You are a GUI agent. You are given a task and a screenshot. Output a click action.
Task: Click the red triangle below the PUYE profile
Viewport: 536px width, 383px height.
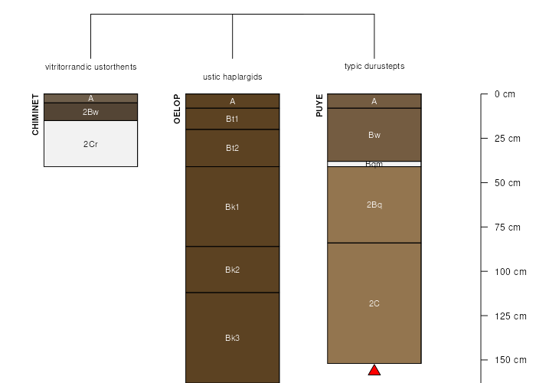[374, 370]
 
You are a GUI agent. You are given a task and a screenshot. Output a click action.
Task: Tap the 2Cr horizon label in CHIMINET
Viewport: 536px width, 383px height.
[90, 144]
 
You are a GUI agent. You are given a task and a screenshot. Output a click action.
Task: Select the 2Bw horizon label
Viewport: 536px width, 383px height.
[90, 112]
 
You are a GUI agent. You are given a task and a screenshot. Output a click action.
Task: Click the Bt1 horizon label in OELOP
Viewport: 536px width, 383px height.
[233, 119]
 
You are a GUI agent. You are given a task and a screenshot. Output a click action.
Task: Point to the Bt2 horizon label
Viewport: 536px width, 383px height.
[233, 148]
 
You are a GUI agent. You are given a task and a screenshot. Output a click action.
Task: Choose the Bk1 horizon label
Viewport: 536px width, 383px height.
[233, 207]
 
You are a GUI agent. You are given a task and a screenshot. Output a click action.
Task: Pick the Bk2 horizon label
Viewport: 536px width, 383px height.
[233, 270]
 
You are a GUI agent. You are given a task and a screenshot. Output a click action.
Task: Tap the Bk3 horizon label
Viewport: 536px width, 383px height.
[233, 338]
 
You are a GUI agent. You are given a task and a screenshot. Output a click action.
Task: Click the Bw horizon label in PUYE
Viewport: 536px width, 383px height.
[374, 135]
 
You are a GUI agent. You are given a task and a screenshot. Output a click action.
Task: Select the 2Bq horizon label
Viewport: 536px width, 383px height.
[374, 205]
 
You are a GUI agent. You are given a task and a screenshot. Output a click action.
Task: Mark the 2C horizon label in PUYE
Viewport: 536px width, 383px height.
[374, 303]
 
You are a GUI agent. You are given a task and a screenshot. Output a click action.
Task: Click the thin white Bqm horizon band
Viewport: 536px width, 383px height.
[374, 164]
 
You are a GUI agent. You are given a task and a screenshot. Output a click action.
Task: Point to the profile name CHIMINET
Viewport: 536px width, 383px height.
[35, 115]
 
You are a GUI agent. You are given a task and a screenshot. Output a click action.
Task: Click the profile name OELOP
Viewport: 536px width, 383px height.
[177, 109]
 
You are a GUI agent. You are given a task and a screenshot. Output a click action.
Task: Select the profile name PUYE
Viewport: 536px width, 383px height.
[319, 106]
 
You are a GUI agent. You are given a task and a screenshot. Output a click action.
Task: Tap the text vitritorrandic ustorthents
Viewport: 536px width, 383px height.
[91, 67]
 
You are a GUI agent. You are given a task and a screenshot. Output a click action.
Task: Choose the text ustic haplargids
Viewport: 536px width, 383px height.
[233, 77]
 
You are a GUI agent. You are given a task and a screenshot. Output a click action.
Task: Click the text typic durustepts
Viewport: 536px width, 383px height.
[374, 66]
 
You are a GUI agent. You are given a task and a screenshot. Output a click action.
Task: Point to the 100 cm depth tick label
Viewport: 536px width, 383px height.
[511, 272]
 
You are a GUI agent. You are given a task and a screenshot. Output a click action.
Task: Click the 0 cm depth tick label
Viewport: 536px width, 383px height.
[505, 94]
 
